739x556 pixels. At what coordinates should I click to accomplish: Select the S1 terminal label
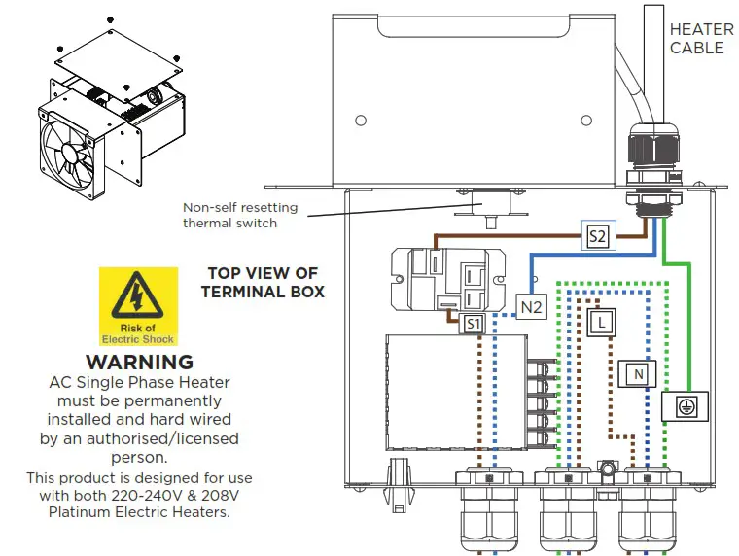pos(473,324)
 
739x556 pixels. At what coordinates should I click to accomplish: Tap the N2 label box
pos(530,307)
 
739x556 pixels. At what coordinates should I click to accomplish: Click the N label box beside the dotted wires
pos(636,373)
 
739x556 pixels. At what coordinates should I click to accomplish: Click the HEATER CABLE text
pos(697,39)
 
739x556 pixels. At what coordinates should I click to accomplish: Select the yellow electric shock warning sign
pos(138,306)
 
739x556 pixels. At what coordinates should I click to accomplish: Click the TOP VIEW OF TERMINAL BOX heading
pos(263,282)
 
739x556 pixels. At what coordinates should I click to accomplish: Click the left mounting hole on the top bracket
pos(361,121)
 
